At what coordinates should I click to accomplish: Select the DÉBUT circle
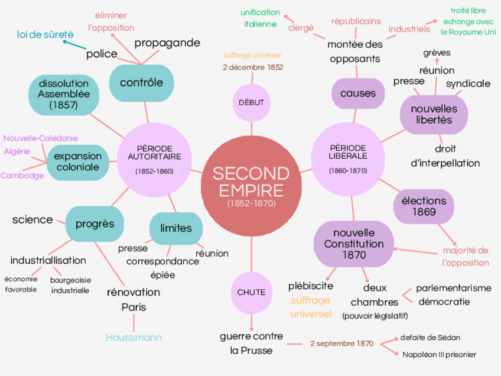pos(251,102)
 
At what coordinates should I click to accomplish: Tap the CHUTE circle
pos(251,292)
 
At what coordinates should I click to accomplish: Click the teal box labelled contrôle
pos(141,83)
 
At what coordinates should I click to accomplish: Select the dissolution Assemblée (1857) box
pos(64,94)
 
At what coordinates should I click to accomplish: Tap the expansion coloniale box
pos(78,162)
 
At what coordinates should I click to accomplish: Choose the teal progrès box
pos(95,225)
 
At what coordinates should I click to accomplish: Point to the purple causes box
pos(358,93)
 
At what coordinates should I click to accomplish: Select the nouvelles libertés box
pos(434,114)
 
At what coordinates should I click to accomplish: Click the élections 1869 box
pos(424,206)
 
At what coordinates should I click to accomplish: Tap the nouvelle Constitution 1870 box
pos(354,244)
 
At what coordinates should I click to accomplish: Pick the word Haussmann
pos(134,338)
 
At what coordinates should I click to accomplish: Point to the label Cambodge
pos(22,176)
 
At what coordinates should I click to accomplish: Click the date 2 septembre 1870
pos(341,343)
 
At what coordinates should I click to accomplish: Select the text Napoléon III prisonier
pos(439,355)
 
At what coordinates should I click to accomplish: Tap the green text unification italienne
pos(260,18)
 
